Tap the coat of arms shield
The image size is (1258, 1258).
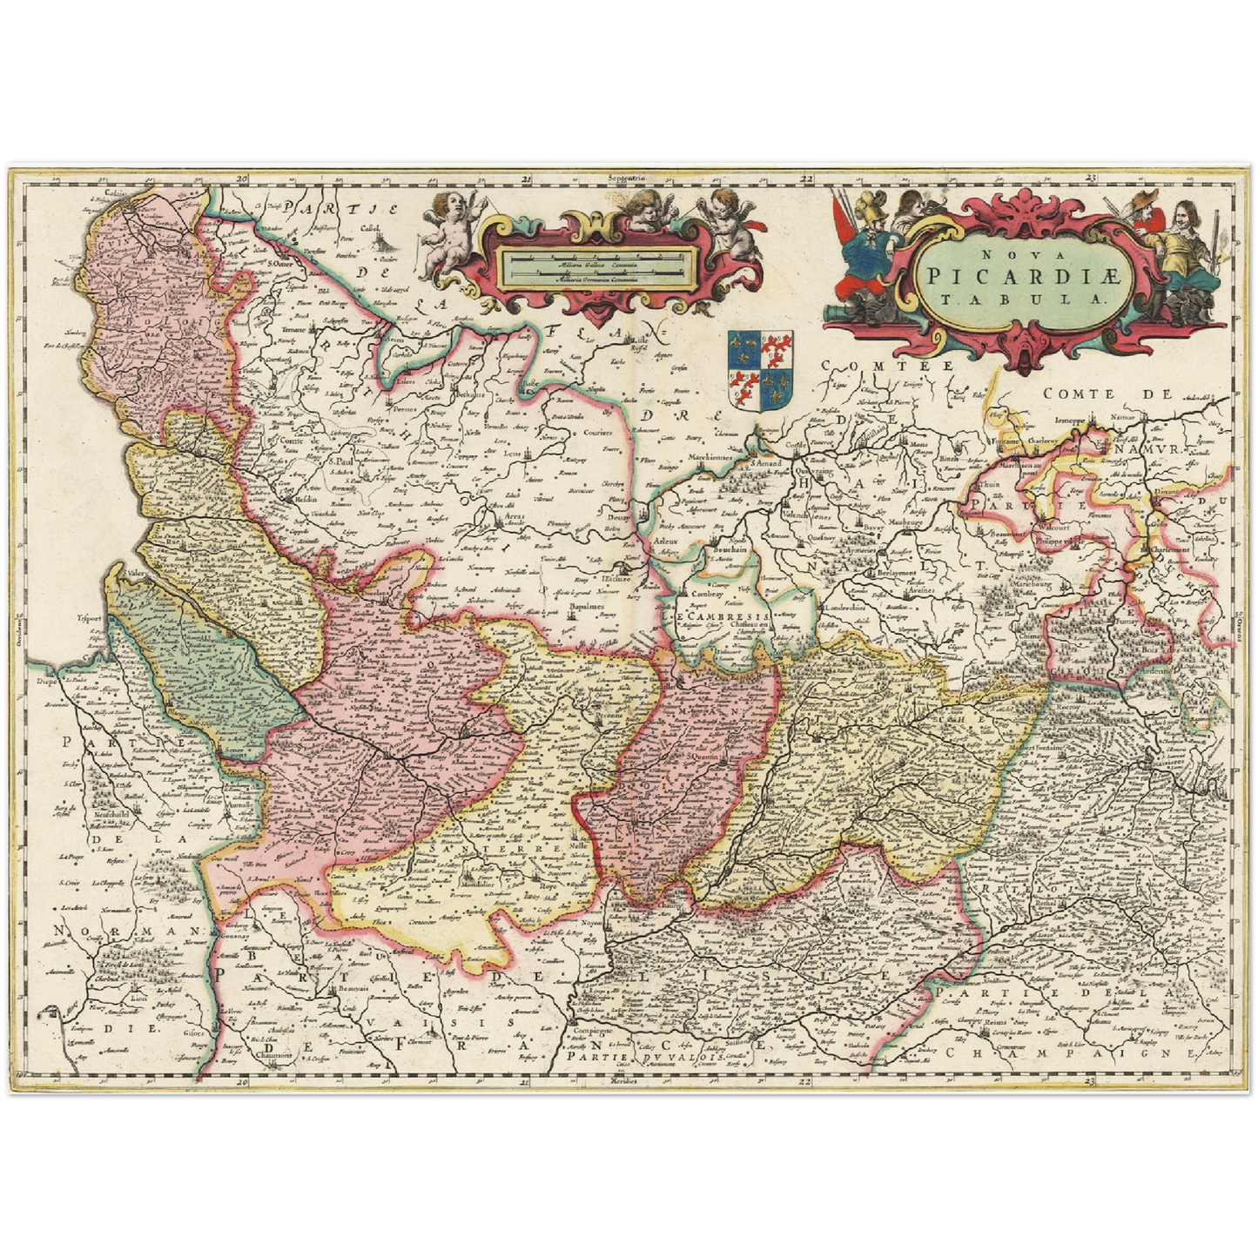[x=761, y=371]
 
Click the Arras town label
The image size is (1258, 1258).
[x=516, y=515]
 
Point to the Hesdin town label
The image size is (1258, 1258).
[x=303, y=502]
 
